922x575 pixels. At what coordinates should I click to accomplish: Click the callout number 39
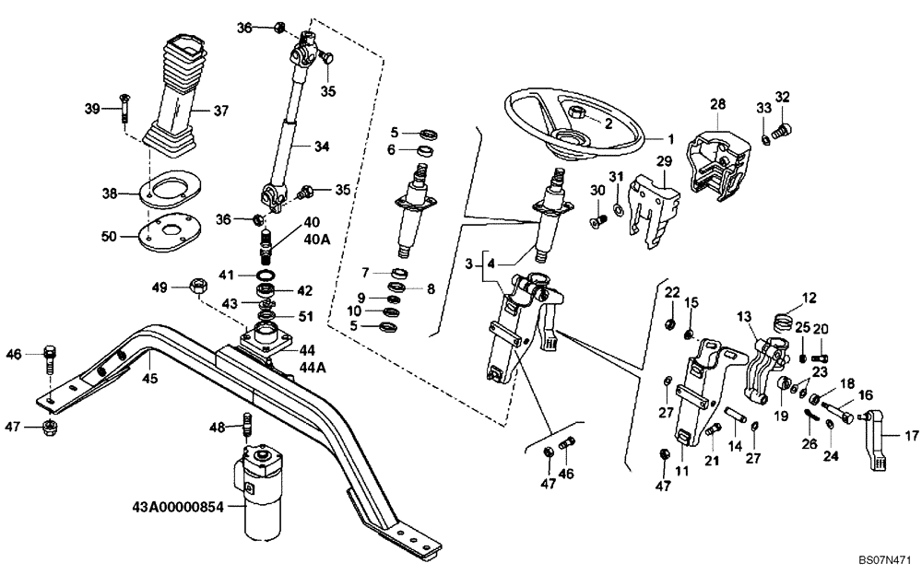pos(91,110)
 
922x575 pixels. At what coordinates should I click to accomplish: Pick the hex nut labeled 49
pos(197,287)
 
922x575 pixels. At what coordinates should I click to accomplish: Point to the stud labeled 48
pos(247,425)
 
